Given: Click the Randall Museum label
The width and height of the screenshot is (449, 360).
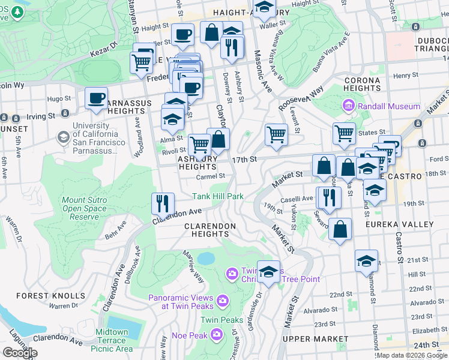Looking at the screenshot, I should click(389, 106).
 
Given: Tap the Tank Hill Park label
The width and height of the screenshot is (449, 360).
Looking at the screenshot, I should click(218, 196).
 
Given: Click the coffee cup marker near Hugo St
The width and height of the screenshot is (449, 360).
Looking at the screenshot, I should click(96, 98).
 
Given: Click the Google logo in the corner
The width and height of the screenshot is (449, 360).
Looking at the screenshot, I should click(20, 353).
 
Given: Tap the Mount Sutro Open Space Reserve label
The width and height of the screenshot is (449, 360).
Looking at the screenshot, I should click(85, 208).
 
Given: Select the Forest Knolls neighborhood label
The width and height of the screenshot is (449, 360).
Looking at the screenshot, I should click(51, 296).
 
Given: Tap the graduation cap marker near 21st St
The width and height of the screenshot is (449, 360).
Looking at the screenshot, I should click(366, 261).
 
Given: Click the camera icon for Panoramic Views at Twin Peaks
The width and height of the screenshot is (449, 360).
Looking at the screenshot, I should click(223, 300).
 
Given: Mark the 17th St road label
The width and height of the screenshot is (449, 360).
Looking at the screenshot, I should click(245, 159).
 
